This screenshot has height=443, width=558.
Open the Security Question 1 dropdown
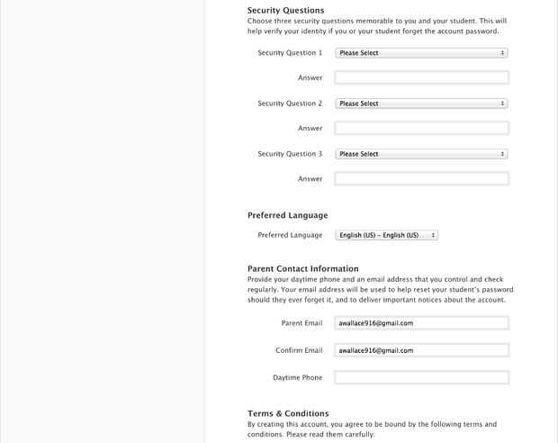tap(421, 53)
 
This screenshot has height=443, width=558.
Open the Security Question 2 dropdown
tap(421, 104)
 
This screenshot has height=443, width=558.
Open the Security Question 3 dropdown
tap(421, 154)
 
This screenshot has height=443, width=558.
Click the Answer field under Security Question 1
tap(421, 78)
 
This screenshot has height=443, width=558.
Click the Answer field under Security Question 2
tap(421, 129)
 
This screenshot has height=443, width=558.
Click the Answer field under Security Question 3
tap(421, 179)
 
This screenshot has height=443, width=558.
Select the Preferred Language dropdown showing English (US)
tap(386, 235)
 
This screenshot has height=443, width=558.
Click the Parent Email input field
tap(421, 322)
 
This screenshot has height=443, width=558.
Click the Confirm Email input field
tap(421, 350)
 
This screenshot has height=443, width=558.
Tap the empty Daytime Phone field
tap(421, 377)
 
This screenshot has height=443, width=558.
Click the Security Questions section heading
tap(285, 10)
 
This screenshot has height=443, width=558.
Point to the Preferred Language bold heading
tap(287, 216)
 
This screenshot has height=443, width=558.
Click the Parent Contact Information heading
tap(302, 268)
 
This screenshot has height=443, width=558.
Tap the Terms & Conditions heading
tap(288, 413)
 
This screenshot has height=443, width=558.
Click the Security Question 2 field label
tap(289, 104)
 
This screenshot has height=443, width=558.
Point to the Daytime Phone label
tap(297, 377)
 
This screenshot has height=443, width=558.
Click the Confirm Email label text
tap(299, 350)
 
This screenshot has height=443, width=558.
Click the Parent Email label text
tap(301, 322)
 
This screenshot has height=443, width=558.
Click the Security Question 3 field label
tap(289, 154)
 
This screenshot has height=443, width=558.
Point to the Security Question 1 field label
tap(289, 53)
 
